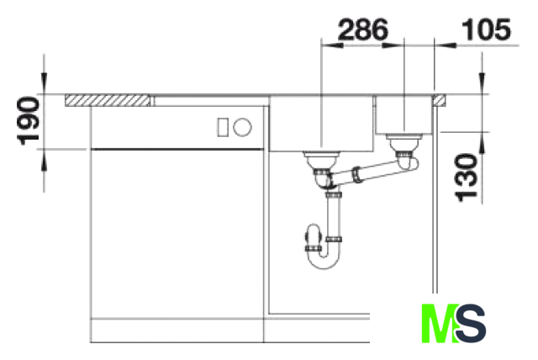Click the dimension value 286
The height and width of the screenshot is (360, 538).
(x=363, y=29)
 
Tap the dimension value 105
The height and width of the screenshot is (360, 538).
(x=487, y=29)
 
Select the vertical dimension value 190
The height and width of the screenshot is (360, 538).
(x=28, y=121)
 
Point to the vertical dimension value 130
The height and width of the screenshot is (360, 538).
(x=466, y=177)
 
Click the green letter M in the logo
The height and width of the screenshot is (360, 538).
(x=440, y=323)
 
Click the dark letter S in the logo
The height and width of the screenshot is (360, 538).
(x=470, y=323)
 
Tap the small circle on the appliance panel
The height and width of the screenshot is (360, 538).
(x=242, y=127)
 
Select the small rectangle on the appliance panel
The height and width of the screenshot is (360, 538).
(x=223, y=127)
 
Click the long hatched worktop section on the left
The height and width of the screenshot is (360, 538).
(x=108, y=100)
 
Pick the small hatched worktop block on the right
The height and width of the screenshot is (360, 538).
(x=440, y=100)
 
